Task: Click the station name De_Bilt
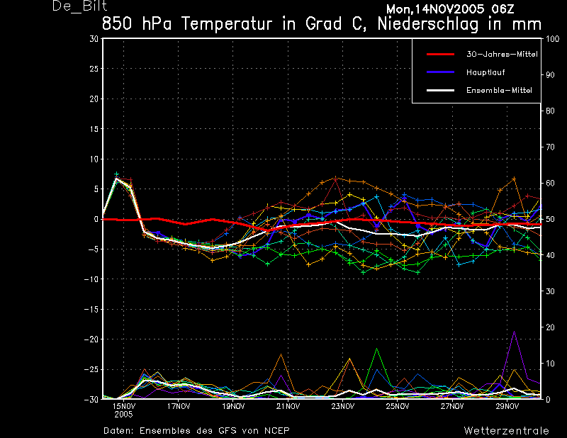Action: pos(80,6)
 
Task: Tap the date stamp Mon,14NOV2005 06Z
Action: pos(450,9)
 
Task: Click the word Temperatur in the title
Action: pos(226,24)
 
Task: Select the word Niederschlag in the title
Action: pos(428,24)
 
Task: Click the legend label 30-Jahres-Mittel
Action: pos(502,55)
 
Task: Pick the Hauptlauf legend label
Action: pos(485,72)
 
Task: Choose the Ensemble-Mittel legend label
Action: pos(499,91)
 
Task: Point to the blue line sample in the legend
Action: pos(440,72)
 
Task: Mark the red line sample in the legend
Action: pos(440,55)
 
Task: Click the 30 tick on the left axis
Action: pos(94,38)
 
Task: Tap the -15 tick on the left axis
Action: pos(91,310)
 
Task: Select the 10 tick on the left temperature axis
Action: pos(94,159)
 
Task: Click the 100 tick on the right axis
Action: pos(552,39)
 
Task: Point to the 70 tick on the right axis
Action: pos(550,147)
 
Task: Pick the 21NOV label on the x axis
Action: pos(288,406)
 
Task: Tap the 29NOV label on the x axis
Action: pos(507,406)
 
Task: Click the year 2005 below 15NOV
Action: pos(123,415)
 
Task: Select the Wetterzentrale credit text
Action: pos(506,430)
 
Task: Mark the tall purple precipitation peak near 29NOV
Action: pos(514,331)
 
